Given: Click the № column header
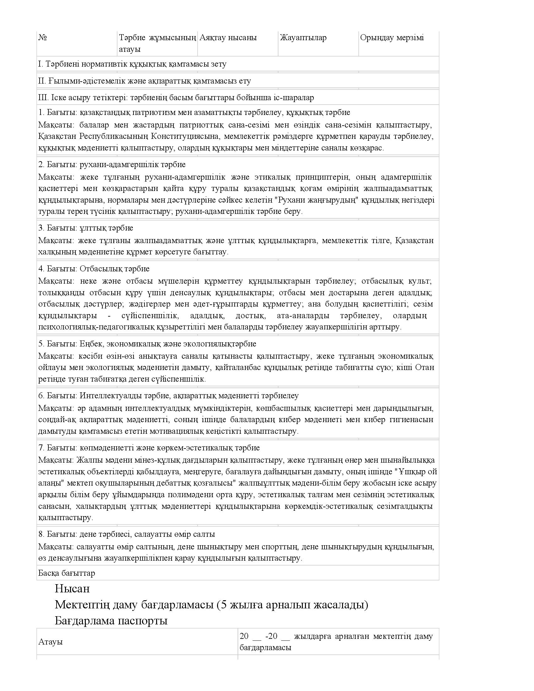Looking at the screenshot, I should (x=43, y=38).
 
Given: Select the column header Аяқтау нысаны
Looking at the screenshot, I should (x=228, y=38).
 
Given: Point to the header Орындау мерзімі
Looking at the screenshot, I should (x=392, y=38).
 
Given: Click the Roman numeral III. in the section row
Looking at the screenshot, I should (x=43, y=97).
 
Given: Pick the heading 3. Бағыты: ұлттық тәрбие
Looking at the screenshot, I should (x=85, y=228).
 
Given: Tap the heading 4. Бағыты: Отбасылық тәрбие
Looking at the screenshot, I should (x=94, y=269).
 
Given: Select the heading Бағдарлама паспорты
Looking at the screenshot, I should (x=111, y=621).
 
